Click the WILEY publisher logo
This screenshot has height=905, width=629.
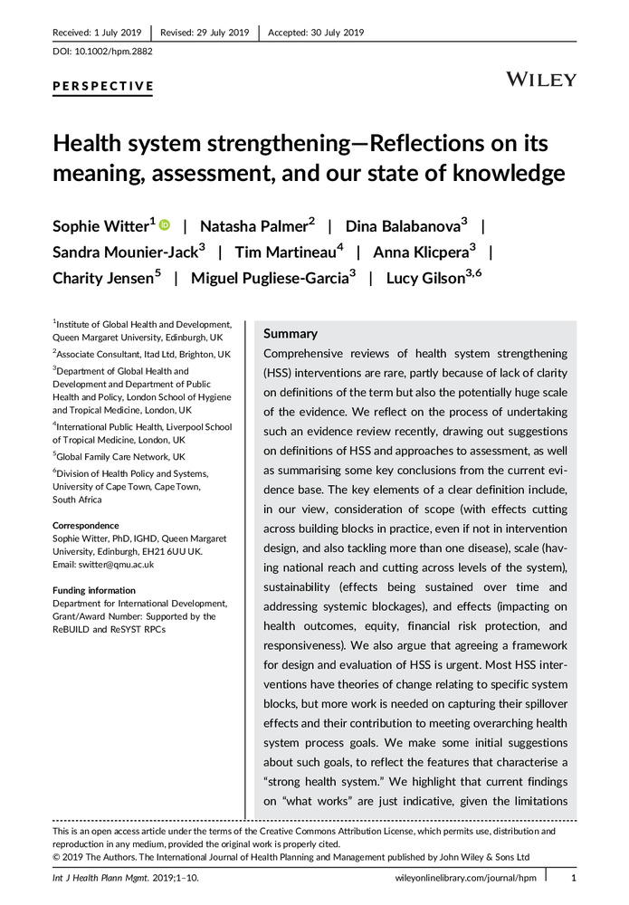click(541, 79)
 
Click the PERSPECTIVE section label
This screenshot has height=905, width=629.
click(102, 87)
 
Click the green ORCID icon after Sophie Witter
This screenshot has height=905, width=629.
click(165, 225)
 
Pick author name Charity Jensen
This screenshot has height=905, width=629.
click(102, 280)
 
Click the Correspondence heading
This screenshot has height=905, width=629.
click(86, 526)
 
